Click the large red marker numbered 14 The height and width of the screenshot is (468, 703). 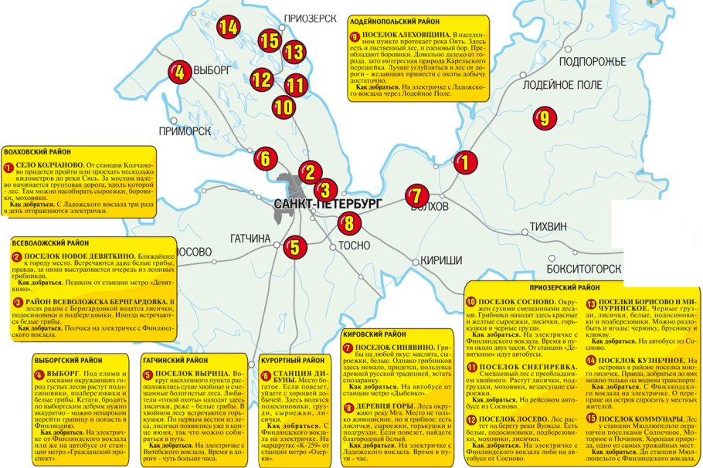click(227, 27)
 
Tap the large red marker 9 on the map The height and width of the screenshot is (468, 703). click(544, 119)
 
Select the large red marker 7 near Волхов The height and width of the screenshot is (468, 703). click(416, 196)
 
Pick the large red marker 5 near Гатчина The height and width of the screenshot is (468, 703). click(293, 249)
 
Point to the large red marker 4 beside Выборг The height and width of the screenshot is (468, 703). click(178, 73)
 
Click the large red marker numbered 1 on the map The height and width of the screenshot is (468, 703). click(464, 161)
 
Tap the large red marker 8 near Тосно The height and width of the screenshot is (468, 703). click(349, 225)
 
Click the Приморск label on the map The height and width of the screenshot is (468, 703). click(185, 131)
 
